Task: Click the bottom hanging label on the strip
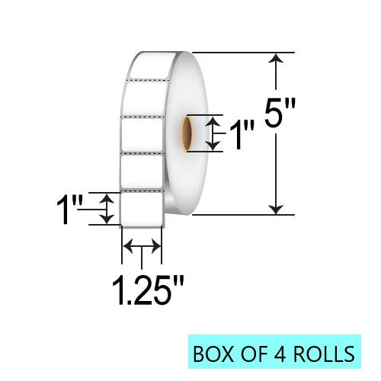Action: coord(142,208)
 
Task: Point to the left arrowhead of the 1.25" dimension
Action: coord(128,245)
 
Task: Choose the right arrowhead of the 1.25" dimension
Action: coord(158,245)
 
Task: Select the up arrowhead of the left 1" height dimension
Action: coord(107,197)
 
